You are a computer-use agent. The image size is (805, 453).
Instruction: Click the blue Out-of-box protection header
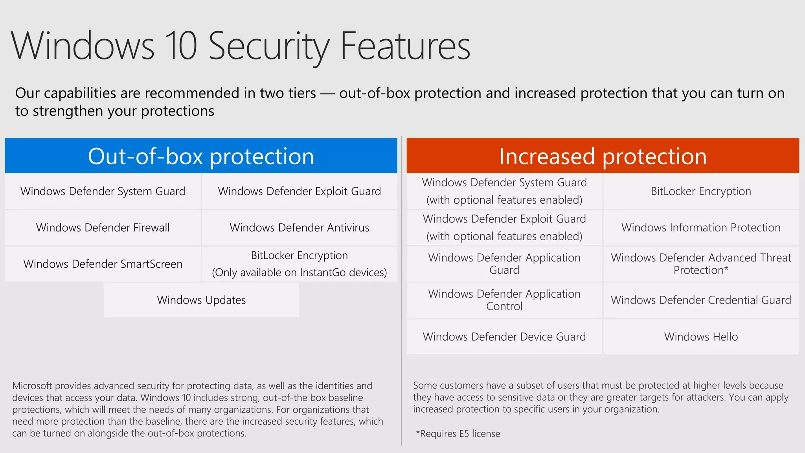pyautogui.click(x=201, y=156)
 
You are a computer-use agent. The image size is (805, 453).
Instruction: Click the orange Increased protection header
pyautogui.click(x=603, y=156)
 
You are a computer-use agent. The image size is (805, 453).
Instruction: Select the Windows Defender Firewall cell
pyautogui.click(x=103, y=228)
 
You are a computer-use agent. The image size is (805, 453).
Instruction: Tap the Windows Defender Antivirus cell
pyautogui.click(x=299, y=228)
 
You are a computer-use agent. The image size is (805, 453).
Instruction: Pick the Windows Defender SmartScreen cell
pyautogui.click(x=103, y=264)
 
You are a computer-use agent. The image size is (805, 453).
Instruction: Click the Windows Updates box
pyautogui.click(x=201, y=300)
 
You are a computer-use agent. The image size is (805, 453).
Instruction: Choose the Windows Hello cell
pyautogui.click(x=701, y=337)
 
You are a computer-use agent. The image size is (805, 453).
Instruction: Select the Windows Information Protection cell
pyautogui.click(x=701, y=228)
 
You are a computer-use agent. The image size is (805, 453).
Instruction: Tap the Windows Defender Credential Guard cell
pyautogui.click(x=701, y=300)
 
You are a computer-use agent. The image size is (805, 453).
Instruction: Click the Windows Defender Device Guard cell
pyautogui.click(x=504, y=337)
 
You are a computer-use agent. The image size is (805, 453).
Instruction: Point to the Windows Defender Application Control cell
pyautogui.click(x=504, y=300)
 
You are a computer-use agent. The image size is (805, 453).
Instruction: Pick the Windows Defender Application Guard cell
pyautogui.click(x=504, y=264)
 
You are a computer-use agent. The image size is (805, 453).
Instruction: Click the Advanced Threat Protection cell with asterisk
pyautogui.click(x=701, y=264)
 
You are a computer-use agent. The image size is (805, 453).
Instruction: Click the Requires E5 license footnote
pyautogui.click(x=458, y=434)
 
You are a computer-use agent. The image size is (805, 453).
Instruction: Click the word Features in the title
pyautogui.click(x=405, y=46)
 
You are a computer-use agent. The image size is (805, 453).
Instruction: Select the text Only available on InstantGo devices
pyautogui.click(x=299, y=273)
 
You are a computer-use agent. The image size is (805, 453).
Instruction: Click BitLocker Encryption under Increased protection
pyautogui.click(x=701, y=192)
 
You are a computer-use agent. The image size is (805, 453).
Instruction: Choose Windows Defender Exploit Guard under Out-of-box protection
pyautogui.click(x=299, y=192)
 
